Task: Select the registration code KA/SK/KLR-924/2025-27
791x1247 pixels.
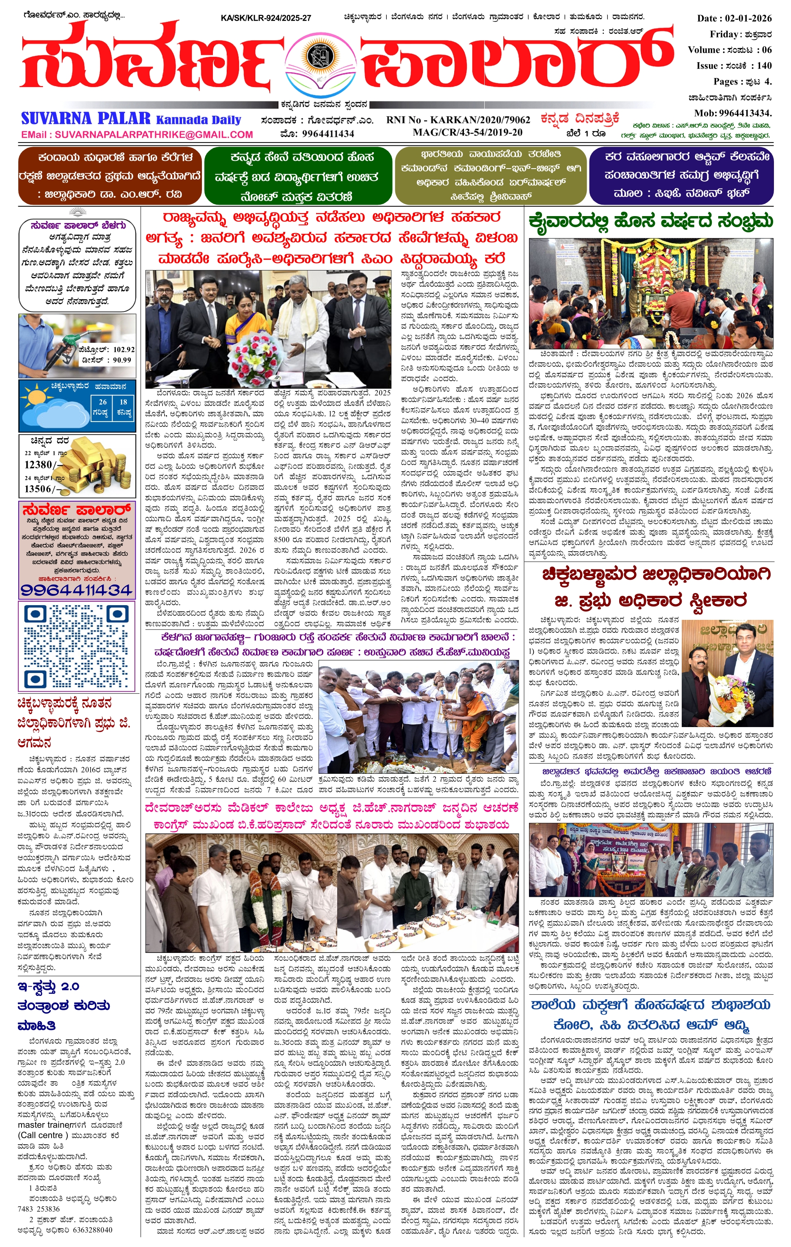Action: click(x=266, y=18)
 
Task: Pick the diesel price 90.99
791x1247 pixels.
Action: click(x=122, y=360)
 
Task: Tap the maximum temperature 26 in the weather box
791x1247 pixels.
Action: click(x=102, y=402)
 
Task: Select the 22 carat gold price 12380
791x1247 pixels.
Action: click(x=39, y=465)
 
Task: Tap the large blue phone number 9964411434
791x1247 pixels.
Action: click(x=76, y=590)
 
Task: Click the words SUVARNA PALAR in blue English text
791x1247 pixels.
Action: click(x=86, y=119)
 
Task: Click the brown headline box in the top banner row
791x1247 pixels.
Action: click(x=110, y=176)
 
